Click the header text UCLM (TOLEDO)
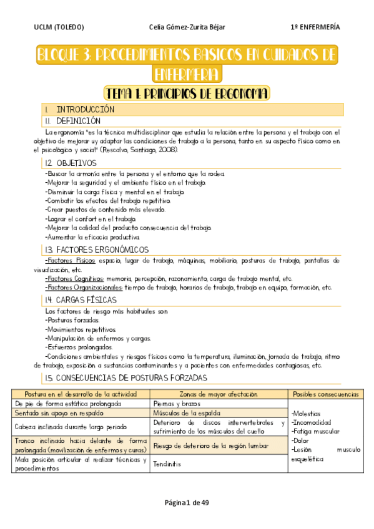[x=59, y=27]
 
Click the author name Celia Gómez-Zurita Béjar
[x=187, y=27]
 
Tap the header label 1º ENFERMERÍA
[x=315, y=27]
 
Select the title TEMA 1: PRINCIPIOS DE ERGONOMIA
[x=187, y=94]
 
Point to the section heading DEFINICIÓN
[x=78, y=120]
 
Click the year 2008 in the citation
[x=168, y=150]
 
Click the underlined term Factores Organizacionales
[x=84, y=288]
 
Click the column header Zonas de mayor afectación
[x=219, y=394]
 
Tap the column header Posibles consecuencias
[x=325, y=394]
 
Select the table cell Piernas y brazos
[x=173, y=404]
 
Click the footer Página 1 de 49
[x=187, y=503]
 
